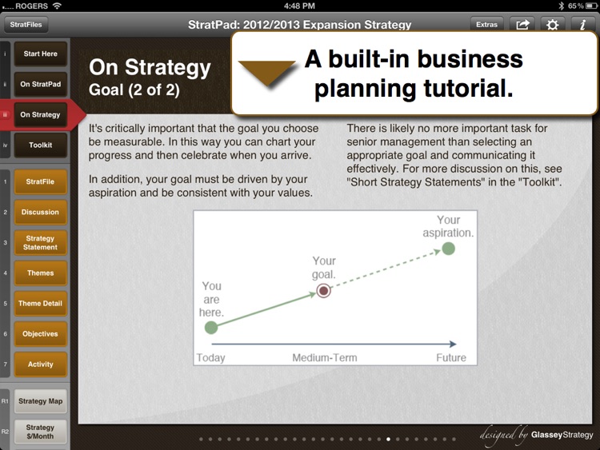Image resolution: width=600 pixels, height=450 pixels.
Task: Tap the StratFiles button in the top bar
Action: click(26, 25)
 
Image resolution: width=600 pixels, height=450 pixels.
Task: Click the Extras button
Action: click(486, 25)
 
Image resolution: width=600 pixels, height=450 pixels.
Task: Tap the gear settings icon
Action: click(552, 25)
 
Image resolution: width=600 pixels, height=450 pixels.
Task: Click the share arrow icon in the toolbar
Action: click(522, 25)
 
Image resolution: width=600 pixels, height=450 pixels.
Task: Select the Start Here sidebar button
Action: click(41, 54)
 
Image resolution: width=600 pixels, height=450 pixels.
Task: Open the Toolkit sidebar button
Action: click(41, 145)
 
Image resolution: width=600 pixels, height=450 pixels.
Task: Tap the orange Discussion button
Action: click(41, 212)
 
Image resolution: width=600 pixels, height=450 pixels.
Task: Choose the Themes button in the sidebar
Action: click(41, 273)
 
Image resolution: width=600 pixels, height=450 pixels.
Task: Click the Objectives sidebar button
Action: click(41, 334)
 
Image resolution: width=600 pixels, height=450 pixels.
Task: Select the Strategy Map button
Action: click(41, 401)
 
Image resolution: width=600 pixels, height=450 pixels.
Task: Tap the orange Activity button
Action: click(41, 364)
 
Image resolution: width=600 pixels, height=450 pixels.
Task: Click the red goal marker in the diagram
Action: click(324, 291)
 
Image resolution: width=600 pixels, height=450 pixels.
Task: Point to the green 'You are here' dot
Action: click(211, 327)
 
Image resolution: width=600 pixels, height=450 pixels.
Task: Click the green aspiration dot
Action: click(449, 249)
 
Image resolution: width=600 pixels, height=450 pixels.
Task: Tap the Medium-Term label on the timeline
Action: click(325, 358)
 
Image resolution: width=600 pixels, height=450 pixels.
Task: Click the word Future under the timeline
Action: click(451, 358)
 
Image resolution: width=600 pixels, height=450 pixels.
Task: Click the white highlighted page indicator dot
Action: click(388, 440)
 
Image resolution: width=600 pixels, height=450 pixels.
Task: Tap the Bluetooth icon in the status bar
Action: click(561, 6)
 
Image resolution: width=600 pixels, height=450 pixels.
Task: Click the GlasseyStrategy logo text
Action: click(562, 435)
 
